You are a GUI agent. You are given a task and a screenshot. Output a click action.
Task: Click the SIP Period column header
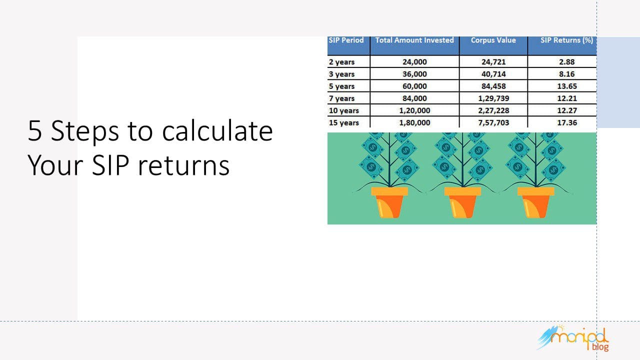pyautogui.click(x=346, y=40)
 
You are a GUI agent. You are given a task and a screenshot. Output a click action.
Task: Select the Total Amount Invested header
pyautogui.click(x=414, y=40)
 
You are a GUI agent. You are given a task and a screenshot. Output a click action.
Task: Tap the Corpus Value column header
pyautogui.click(x=493, y=40)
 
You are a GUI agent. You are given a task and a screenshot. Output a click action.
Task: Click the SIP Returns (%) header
pyautogui.click(x=566, y=40)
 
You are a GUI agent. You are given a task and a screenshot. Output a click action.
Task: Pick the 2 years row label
pyautogui.click(x=341, y=62)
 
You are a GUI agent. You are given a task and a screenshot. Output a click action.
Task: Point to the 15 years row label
pyautogui.click(x=343, y=122)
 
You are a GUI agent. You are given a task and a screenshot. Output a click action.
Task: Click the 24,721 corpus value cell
pyautogui.click(x=493, y=62)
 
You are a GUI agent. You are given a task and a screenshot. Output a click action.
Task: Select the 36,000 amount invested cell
pyautogui.click(x=414, y=74)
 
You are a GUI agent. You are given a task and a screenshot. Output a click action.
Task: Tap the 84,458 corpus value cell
pyautogui.click(x=493, y=86)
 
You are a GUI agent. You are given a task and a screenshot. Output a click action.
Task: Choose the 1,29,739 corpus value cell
pyautogui.click(x=493, y=98)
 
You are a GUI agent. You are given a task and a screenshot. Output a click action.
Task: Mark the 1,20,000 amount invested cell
pyautogui.click(x=414, y=110)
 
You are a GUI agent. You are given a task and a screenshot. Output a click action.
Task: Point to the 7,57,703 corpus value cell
pyautogui.click(x=493, y=122)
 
